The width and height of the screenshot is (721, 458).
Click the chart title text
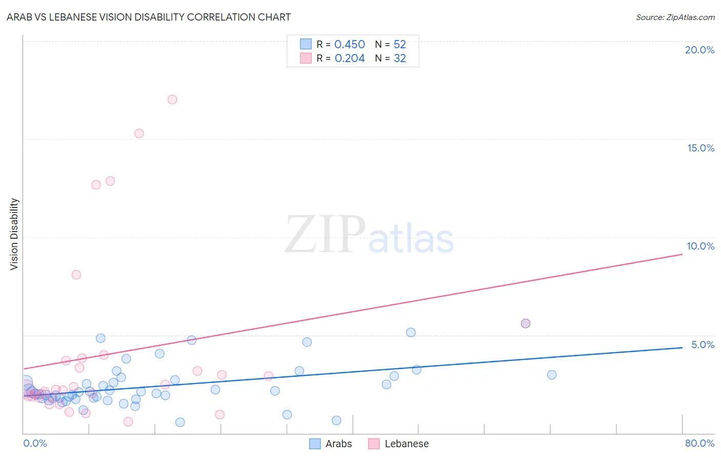coord(149,17)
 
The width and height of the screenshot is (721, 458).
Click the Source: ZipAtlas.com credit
coord(675,17)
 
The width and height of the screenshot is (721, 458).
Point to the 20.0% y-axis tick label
coord(699,50)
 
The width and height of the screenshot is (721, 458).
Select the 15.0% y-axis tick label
coord(700,148)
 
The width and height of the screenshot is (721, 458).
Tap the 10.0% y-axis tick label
coord(700,246)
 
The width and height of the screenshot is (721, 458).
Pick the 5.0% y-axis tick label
coord(703,345)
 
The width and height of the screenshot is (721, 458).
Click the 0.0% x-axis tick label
coord(35,443)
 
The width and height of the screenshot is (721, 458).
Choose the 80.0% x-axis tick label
coord(699,443)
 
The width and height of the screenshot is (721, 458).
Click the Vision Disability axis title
coord(14,234)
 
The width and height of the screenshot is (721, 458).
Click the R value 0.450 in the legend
coord(349,45)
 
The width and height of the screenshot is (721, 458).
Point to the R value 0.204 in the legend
coord(349,59)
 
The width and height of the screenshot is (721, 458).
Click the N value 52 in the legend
coord(399,45)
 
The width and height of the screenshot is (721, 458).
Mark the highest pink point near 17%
coord(172,100)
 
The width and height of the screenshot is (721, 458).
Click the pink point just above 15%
coord(139,133)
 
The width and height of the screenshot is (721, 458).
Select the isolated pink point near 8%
coord(76,275)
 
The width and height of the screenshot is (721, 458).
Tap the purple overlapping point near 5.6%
coord(525,323)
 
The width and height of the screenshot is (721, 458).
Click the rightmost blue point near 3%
coord(552,375)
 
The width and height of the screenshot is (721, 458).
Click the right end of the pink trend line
coord(682,254)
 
